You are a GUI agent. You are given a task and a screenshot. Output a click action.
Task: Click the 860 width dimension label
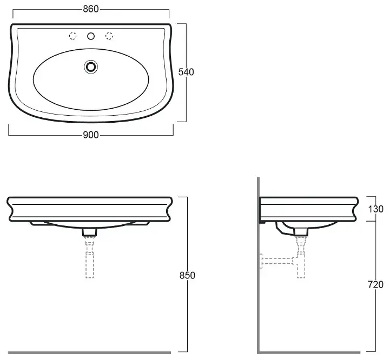[91, 9]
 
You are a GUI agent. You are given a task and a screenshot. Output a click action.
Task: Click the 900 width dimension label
[91, 135]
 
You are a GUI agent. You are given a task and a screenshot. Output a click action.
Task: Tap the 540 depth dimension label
[186, 72]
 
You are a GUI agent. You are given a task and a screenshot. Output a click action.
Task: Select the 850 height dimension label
[187, 276]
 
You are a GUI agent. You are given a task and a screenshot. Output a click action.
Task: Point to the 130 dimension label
[375, 209]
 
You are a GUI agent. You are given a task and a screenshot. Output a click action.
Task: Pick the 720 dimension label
[375, 285]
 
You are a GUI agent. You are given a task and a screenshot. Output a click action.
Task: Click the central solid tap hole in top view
[91, 36]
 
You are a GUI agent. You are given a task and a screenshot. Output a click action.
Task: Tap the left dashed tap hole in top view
[72, 36]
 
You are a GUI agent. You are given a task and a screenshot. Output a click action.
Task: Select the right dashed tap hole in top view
[109, 36]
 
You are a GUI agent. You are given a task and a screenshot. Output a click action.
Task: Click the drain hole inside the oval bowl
[91, 66]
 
